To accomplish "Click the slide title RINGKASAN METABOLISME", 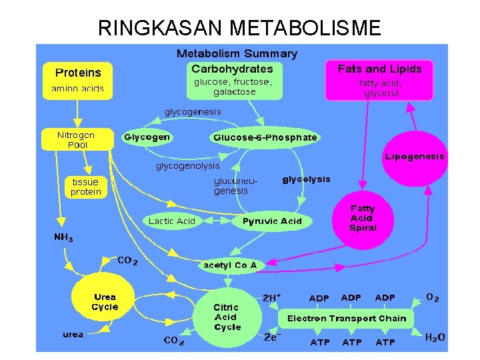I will (239, 28).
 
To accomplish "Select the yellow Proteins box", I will (78, 79).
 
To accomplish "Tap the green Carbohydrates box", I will (233, 79).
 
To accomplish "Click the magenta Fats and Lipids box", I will (379, 79).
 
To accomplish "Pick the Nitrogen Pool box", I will (77, 139).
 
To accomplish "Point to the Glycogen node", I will (147, 137).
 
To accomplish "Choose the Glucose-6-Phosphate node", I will (265, 137).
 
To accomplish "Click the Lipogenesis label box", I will (415, 157).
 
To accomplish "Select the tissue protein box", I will (86, 187).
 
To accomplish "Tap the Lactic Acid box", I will (172, 221).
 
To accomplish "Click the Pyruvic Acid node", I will (272, 221).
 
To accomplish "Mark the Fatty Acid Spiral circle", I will (363, 218).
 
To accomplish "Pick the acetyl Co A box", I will (230, 265).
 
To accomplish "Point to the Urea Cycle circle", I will (105, 302).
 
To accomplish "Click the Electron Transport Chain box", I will (347, 318).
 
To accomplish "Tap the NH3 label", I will (64, 237).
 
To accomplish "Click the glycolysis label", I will (307, 179).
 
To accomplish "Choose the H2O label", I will (435, 338).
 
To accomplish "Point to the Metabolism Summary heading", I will (237, 53).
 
